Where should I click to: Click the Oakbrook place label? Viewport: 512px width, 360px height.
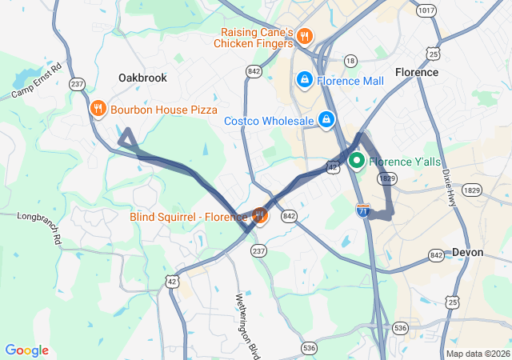click(142, 78)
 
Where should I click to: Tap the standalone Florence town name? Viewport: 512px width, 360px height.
click(416, 72)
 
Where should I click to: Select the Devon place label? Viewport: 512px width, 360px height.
click(467, 252)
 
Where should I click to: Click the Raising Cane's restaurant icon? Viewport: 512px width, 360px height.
click(306, 36)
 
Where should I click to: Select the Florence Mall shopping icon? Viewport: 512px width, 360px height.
click(304, 80)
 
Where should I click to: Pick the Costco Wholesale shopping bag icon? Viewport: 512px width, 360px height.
click(326, 120)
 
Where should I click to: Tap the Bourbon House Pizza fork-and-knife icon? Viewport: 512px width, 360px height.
click(98, 109)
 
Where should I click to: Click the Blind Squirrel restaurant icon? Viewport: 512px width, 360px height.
click(259, 215)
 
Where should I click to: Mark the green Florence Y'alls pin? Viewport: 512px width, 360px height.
click(357, 161)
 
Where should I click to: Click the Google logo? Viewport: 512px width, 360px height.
click(26, 350)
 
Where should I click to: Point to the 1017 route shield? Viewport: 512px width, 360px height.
click(426, 10)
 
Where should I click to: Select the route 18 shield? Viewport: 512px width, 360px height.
click(350, 61)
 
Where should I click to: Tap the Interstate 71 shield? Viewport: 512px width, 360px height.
click(362, 210)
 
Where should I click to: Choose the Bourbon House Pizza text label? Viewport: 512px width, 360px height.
click(164, 109)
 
